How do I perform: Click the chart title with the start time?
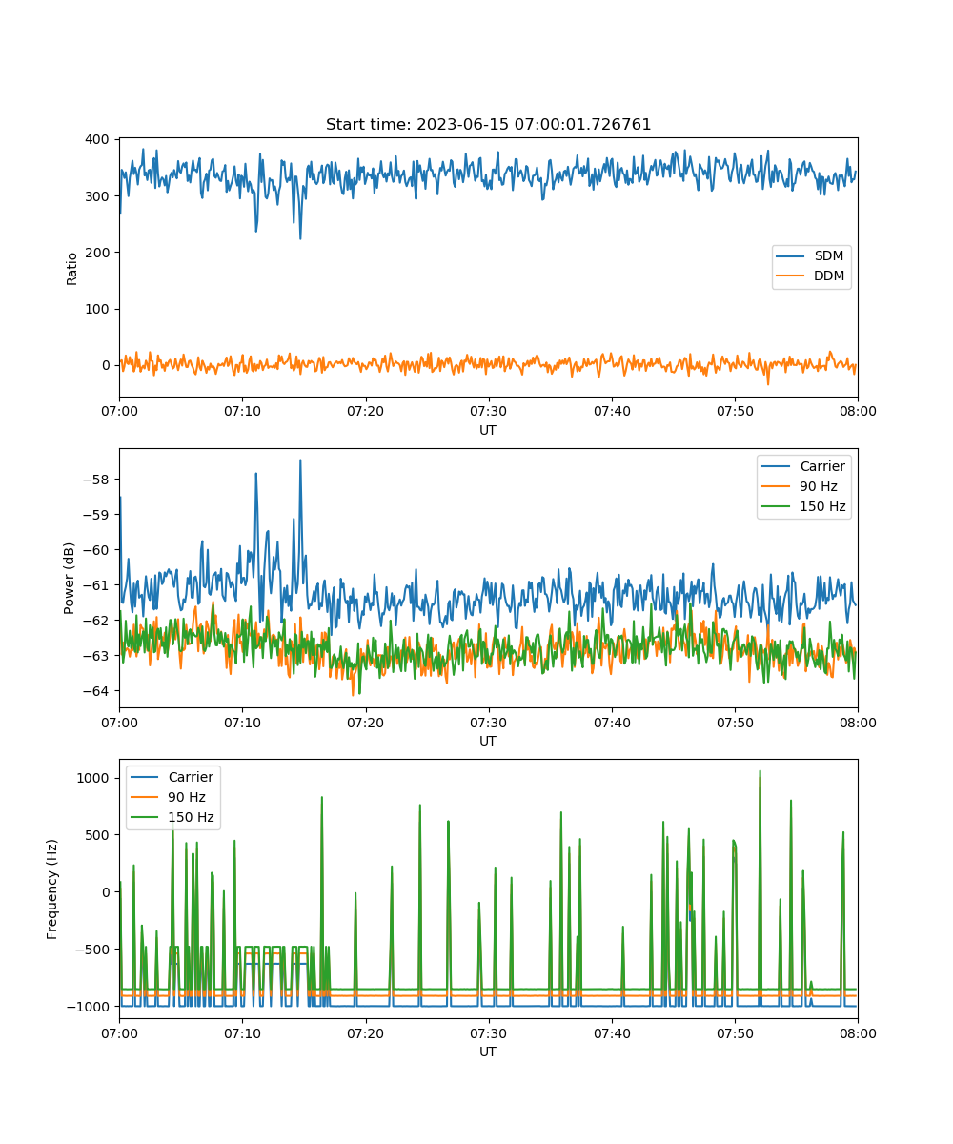pos(488,124)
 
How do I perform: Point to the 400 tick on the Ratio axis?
pos(97,140)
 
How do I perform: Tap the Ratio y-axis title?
pos(71,269)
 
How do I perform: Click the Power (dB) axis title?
pos(69,578)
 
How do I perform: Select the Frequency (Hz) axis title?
pos(51,889)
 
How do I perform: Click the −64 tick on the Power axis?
pos(96,691)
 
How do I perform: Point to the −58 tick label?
pos(96,480)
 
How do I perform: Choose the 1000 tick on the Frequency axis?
pos(92,778)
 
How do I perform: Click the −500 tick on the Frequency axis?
pos(92,950)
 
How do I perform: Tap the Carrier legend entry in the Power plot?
pos(803,466)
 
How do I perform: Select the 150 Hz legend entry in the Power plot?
pos(803,506)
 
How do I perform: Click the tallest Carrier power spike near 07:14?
pos(300,460)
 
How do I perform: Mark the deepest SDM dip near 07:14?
pos(300,238)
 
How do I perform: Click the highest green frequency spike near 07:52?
pos(760,771)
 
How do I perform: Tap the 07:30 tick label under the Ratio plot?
pos(489,411)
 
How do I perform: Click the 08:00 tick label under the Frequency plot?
pos(858,1033)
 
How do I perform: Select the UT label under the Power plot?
pos(488,741)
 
